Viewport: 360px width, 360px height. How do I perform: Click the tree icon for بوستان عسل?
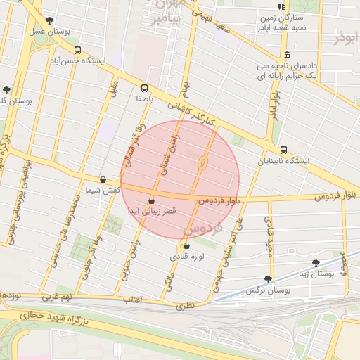pyautogui.click(x=48, y=20)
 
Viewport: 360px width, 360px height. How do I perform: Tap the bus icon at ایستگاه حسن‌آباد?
pyautogui.click(x=77, y=50)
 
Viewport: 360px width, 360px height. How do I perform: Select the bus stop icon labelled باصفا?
pyautogui.click(x=144, y=88)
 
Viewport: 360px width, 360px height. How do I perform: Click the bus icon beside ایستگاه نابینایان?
pyautogui.click(x=283, y=150)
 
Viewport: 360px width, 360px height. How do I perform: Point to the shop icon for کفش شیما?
pyautogui.click(x=103, y=179)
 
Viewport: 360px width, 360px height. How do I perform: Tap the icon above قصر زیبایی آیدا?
pyautogui.click(x=151, y=200)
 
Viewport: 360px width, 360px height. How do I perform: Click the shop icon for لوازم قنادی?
pyautogui.click(x=186, y=245)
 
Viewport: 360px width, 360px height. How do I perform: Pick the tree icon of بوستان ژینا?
pyautogui.click(x=316, y=262)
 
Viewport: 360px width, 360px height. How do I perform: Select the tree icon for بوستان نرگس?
pyautogui.click(x=268, y=278)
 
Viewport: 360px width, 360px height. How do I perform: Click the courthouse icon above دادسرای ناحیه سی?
pyautogui.click(x=286, y=56)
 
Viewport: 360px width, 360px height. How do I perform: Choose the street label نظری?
pyautogui.click(x=184, y=305)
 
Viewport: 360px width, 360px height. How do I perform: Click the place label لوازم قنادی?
pyautogui.click(x=186, y=257)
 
